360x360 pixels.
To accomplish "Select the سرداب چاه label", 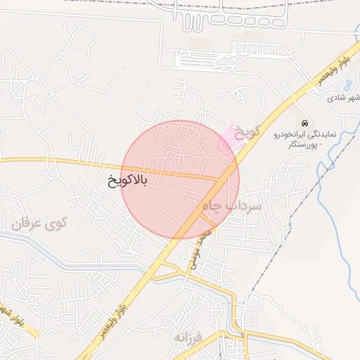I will click(x=232, y=206).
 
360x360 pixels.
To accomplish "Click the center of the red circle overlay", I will click(x=181, y=179).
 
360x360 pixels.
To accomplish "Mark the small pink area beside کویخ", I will click(x=229, y=135).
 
